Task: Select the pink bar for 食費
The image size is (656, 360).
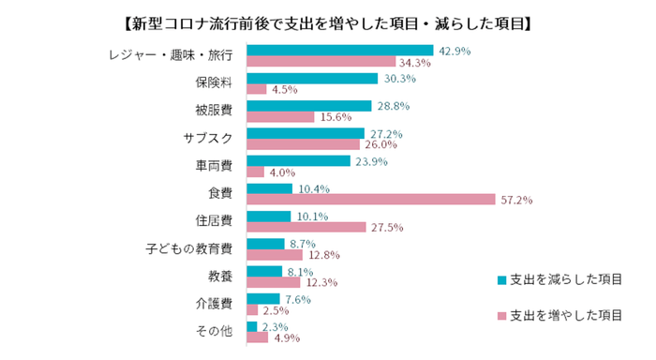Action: (370, 200)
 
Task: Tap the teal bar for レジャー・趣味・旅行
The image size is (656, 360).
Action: (339, 51)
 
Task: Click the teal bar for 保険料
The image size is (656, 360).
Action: (311, 79)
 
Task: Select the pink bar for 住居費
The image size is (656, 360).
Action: (306, 227)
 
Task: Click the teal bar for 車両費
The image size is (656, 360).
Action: (297, 160)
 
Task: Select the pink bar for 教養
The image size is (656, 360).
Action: (273, 281)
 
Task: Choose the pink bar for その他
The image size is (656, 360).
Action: (257, 337)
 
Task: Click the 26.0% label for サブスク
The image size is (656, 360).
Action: (381, 145)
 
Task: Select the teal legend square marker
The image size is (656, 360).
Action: (502, 279)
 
